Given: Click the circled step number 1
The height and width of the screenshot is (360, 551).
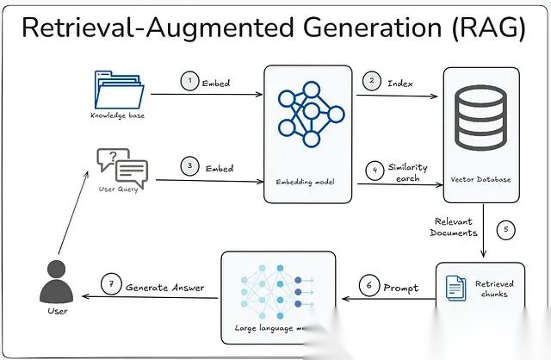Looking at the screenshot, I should click(x=189, y=81).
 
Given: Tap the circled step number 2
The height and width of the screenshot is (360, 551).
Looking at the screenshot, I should click(x=372, y=82).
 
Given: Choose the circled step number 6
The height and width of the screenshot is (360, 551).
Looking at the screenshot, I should click(x=368, y=287).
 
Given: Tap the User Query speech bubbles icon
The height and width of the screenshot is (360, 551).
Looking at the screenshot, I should click(x=121, y=165).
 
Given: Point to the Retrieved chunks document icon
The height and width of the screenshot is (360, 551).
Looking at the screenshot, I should click(x=452, y=289).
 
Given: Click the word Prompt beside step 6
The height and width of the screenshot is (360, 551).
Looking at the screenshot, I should click(x=401, y=287).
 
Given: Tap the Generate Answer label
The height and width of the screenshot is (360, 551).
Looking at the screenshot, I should click(x=165, y=287).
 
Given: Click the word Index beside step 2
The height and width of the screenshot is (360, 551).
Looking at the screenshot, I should click(x=401, y=84).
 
